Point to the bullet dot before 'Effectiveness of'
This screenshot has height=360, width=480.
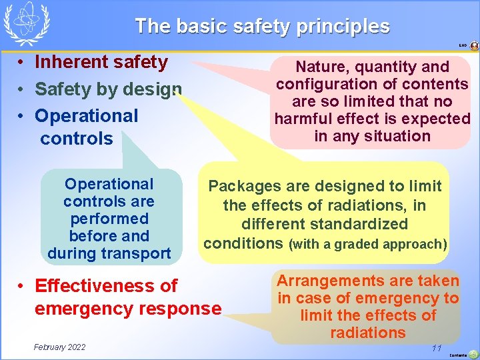point(22,287)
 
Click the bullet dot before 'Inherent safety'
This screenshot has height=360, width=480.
point(22,63)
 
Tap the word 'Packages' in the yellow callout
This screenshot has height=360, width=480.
point(245,186)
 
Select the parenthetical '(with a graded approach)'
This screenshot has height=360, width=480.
point(367,244)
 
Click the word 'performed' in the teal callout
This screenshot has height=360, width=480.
point(109,219)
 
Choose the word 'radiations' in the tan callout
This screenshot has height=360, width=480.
point(367,333)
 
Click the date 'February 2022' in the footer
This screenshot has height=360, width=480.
point(60,347)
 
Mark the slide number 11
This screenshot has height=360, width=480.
point(437,348)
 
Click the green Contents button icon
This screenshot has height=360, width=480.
point(473,354)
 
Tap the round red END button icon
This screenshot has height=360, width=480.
point(474,46)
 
